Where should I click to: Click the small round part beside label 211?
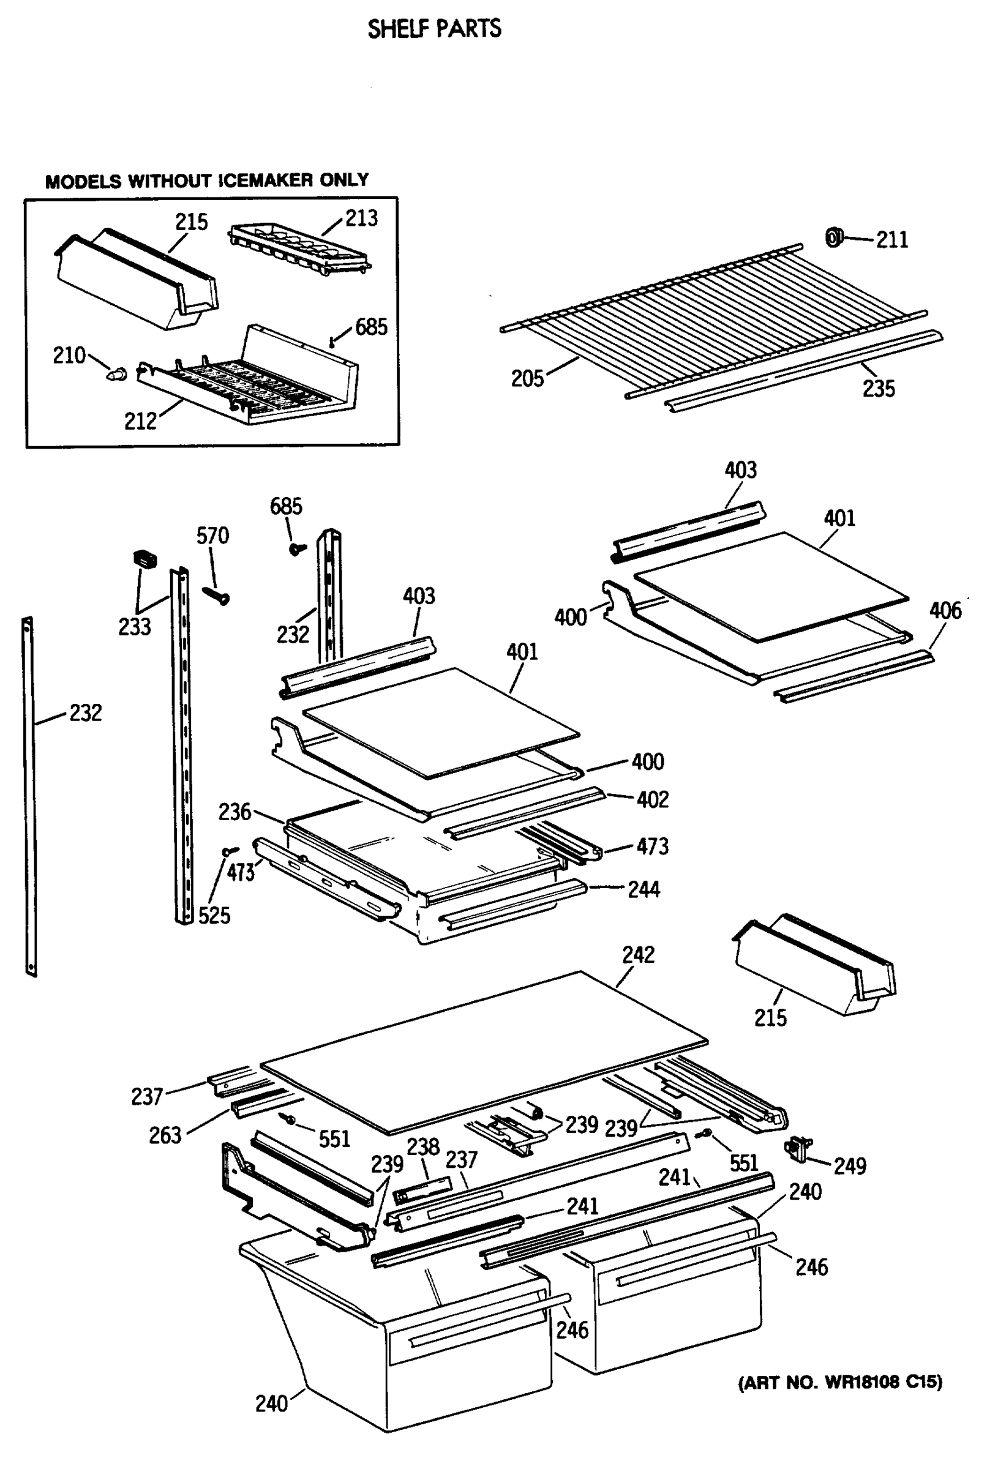[833, 237]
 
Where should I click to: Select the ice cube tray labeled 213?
[299, 251]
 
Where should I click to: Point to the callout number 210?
[69, 356]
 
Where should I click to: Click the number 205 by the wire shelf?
[527, 379]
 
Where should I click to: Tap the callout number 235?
[879, 389]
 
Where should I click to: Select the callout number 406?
[945, 611]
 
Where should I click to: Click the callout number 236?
[234, 812]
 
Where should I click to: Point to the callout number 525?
[214, 915]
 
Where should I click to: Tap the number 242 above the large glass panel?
[637, 955]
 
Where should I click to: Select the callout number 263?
[165, 1136]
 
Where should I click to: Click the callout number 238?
[422, 1146]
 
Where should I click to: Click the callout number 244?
[643, 890]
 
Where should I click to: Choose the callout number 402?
[652, 799]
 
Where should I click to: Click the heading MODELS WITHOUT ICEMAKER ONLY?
[207, 181]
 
